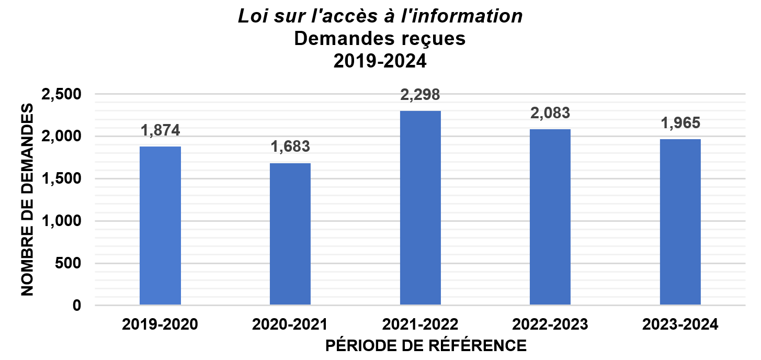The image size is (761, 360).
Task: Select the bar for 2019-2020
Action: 160,226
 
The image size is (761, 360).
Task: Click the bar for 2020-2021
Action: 290,234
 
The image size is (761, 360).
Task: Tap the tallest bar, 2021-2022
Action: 420,208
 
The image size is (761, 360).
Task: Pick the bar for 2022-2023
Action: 550,217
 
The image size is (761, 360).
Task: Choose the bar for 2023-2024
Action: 680,222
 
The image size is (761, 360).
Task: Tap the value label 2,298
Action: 420,95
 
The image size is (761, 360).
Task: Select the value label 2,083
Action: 550,113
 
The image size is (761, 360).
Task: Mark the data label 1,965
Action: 680,123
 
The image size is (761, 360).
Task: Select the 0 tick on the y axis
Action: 77,306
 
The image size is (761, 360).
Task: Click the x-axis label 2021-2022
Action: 420,324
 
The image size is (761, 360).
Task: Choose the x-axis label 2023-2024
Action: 680,324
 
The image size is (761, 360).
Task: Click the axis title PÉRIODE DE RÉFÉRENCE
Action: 426,346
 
